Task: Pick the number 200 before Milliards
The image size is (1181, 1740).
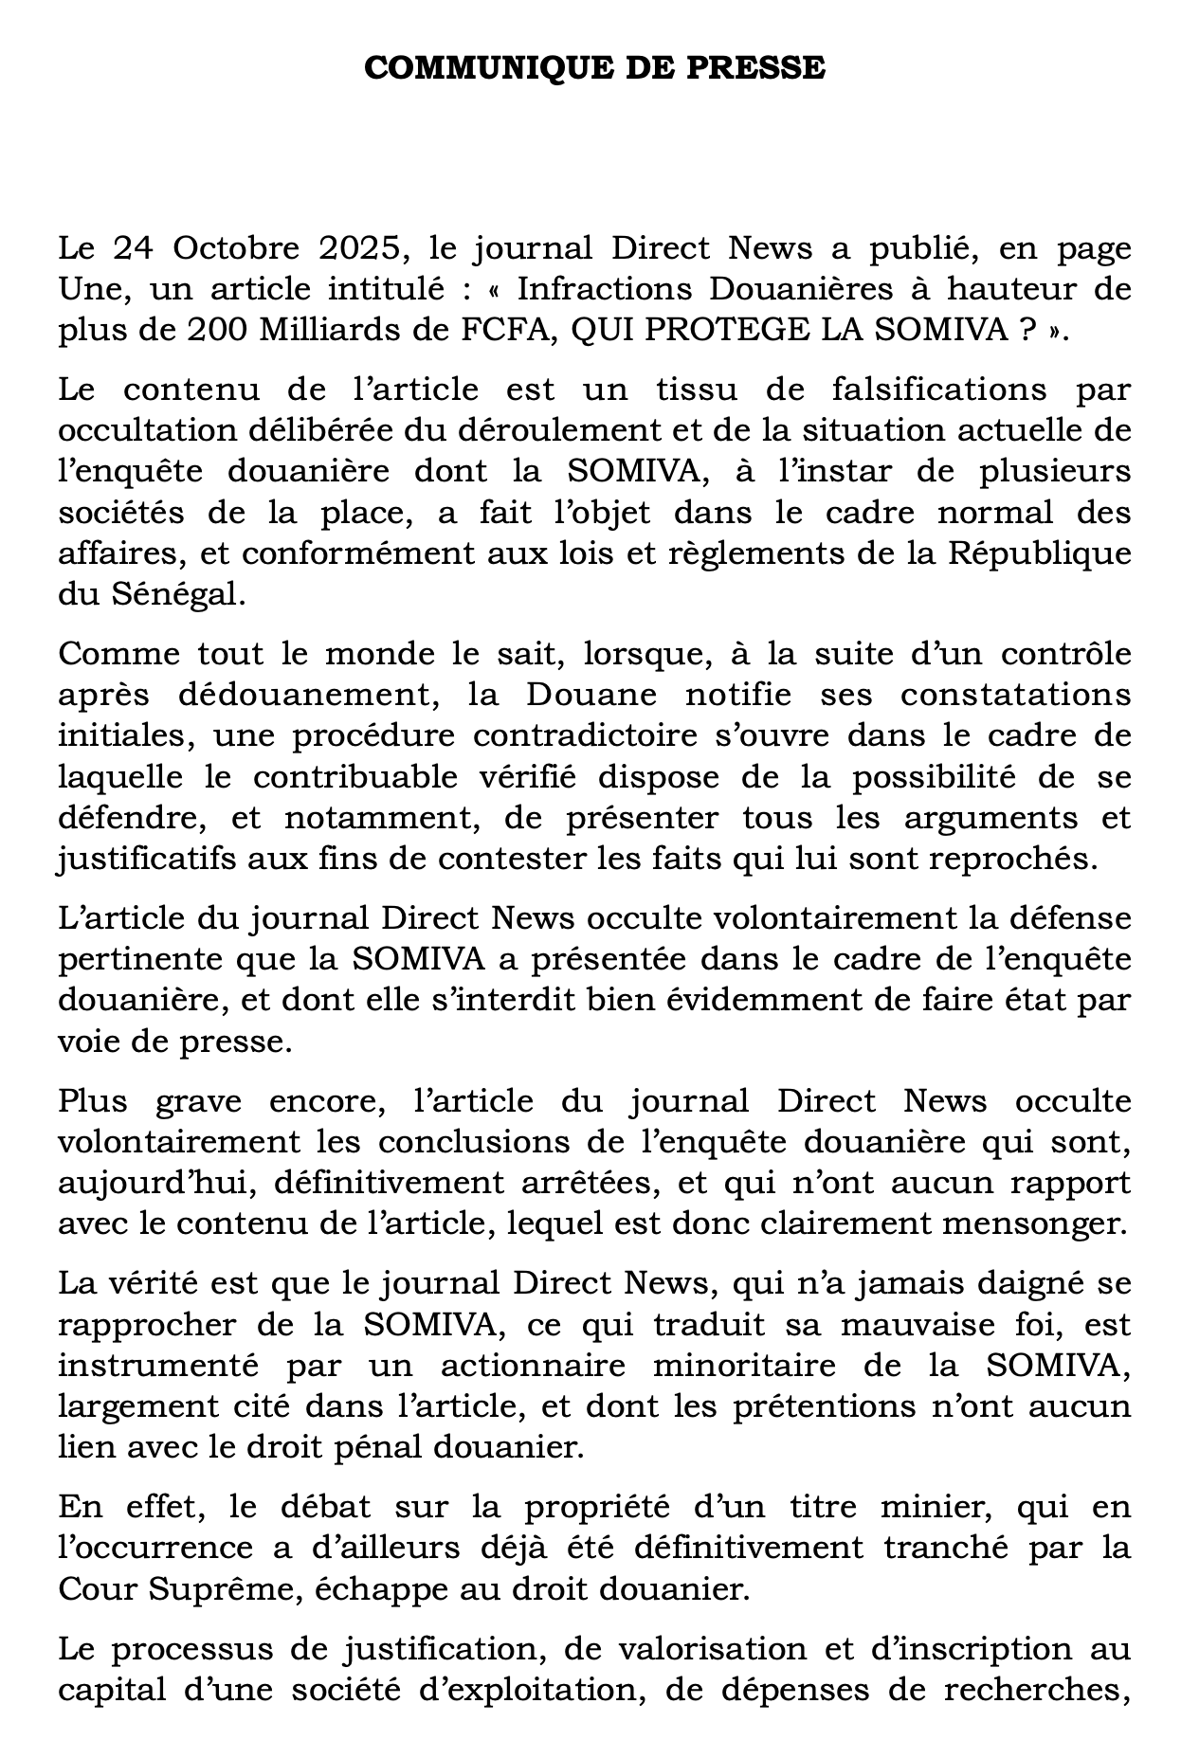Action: click(220, 330)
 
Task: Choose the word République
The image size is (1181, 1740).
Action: click(1040, 553)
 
